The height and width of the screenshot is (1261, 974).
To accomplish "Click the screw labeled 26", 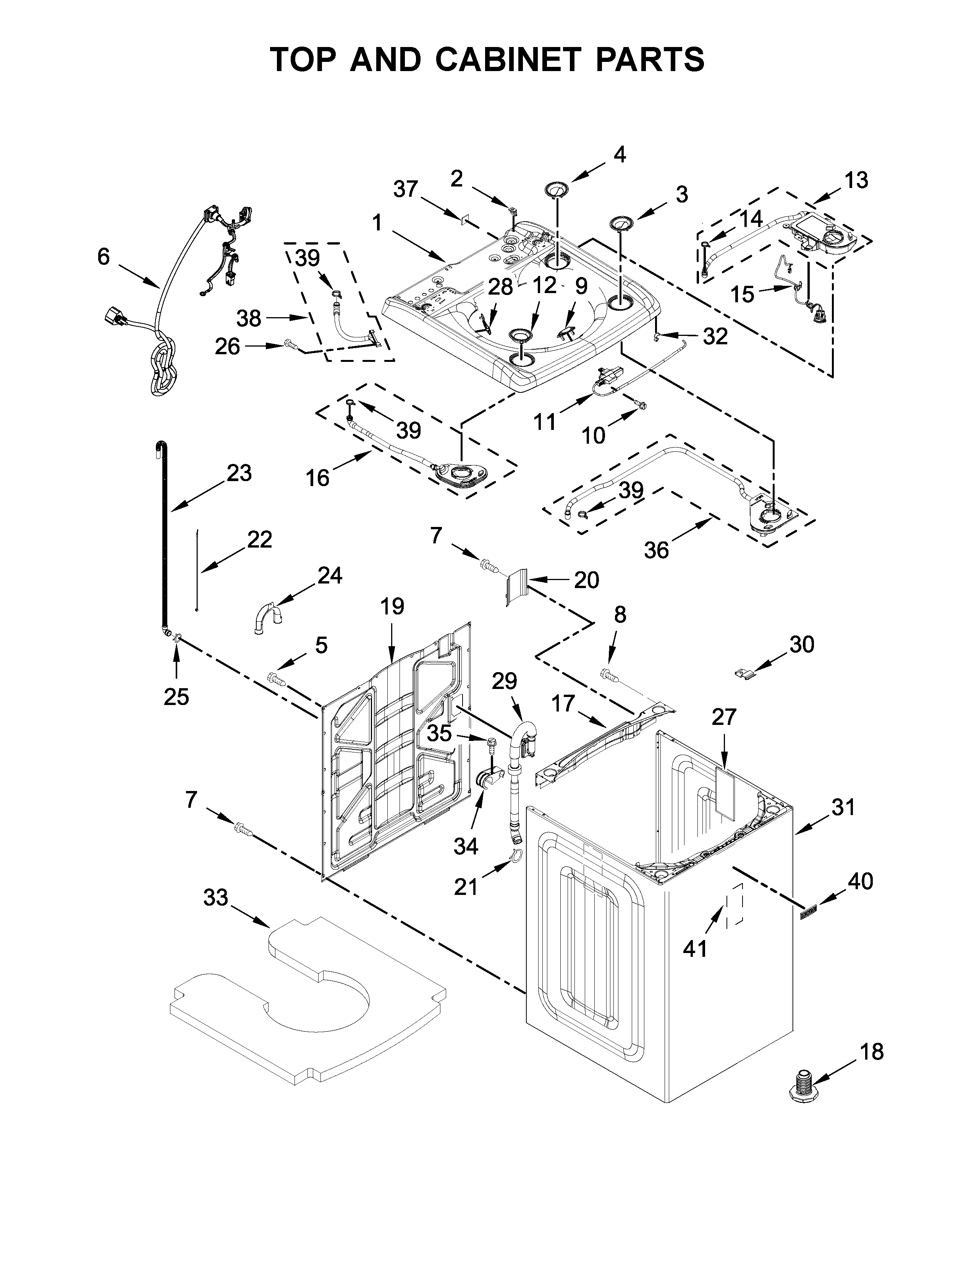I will tap(291, 345).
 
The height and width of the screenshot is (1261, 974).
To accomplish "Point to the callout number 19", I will tap(392, 606).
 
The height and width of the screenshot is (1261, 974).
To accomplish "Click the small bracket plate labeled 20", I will tap(517, 586).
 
